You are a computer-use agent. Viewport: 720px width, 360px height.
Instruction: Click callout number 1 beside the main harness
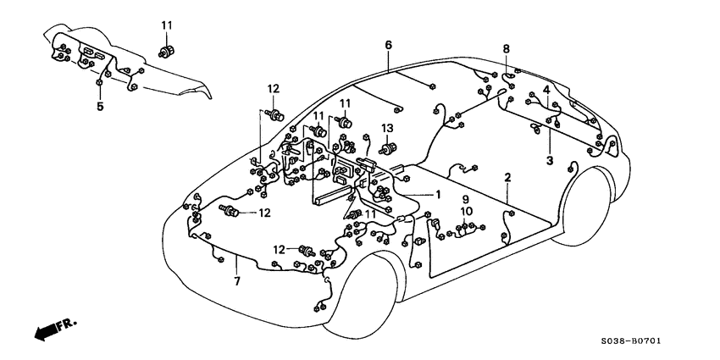(x=439, y=194)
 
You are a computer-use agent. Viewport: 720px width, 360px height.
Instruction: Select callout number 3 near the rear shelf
(x=549, y=159)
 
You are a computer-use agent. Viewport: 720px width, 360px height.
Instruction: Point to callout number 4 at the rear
(x=546, y=89)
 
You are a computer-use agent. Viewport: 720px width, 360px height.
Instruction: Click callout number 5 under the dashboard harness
(x=100, y=107)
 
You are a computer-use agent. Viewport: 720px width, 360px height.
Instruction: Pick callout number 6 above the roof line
(x=388, y=44)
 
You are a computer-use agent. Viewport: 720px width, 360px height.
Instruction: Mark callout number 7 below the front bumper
(x=236, y=280)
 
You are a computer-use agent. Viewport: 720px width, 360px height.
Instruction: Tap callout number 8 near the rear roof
(x=507, y=48)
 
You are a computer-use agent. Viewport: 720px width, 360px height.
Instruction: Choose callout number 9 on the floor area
(x=464, y=199)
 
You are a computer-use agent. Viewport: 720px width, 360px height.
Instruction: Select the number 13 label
(x=387, y=128)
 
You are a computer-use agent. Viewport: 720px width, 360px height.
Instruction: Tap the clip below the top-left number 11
(x=166, y=50)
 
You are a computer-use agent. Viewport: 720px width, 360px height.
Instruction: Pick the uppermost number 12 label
(x=273, y=89)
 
